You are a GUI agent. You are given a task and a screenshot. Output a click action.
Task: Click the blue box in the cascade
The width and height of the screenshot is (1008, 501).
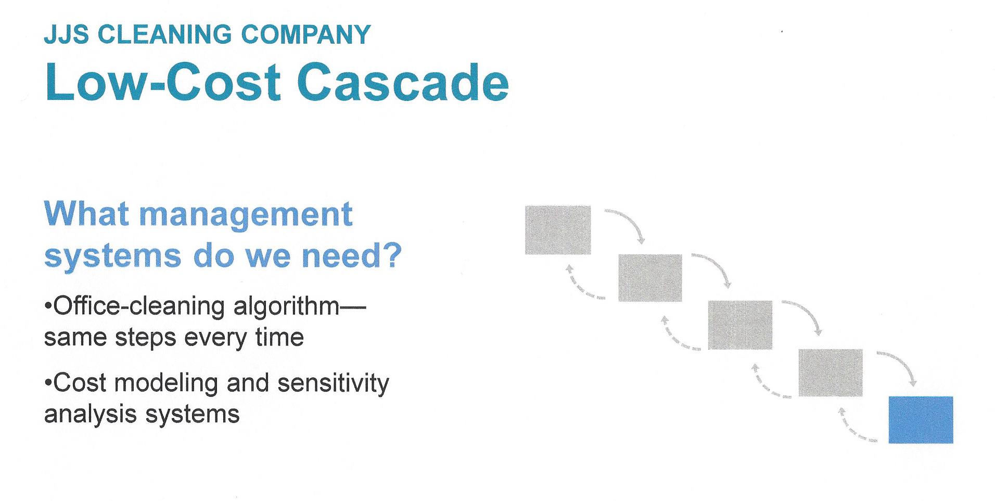click(920, 419)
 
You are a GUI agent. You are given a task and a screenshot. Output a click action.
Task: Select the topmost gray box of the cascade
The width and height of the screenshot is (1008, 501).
click(557, 230)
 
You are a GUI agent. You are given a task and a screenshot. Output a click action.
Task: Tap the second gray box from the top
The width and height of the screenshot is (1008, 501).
click(649, 278)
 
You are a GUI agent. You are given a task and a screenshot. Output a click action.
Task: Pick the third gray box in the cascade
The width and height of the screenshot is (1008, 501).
click(739, 325)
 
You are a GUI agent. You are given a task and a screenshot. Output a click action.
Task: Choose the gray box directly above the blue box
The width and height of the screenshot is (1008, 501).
click(830, 372)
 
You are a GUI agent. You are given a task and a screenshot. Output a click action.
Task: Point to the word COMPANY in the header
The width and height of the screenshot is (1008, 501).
click(305, 34)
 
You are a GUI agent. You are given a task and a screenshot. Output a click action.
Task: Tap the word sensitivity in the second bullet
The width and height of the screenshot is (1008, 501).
click(333, 383)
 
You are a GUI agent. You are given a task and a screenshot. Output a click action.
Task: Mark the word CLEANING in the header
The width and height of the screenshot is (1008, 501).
click(164, 34)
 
